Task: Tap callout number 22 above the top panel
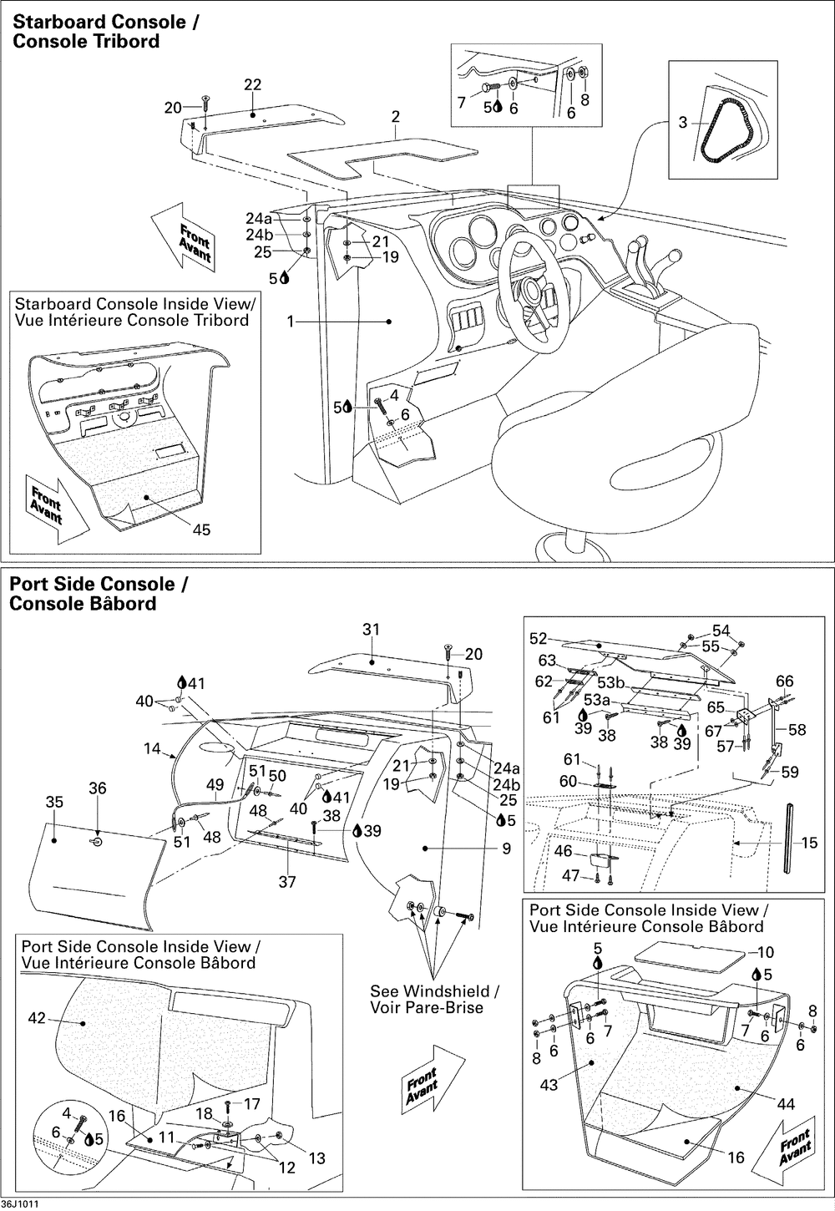click(252, 84)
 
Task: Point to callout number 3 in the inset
click(682, 123)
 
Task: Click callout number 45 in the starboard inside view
click(201, 529)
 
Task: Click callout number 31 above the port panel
click(371, 629)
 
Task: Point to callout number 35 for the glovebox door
click(54, 803)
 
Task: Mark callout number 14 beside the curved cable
click(151, 749)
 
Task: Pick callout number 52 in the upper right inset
click(539, 639)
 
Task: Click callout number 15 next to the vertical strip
click(809, 844)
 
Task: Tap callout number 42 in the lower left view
click(37, 1018)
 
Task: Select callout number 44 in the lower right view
click(786, 1104)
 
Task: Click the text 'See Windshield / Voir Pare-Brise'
click(434, 1000)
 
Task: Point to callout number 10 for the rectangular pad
click(766, 952)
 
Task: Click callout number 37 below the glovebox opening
click(286, 881)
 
